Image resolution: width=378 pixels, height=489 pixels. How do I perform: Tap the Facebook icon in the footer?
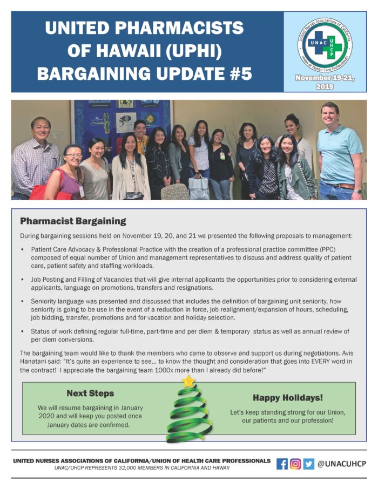(282, 464)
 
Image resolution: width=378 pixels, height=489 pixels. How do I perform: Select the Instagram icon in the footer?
(295, 464)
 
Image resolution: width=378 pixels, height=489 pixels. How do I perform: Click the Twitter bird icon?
(308, 464)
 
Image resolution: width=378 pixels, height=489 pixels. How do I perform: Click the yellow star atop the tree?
(188, 382)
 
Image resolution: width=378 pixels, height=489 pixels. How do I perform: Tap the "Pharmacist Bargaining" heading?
(73, 221)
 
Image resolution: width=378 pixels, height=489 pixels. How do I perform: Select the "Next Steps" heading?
(90, 393)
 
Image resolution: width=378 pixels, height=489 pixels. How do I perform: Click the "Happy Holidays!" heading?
(288, 398)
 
